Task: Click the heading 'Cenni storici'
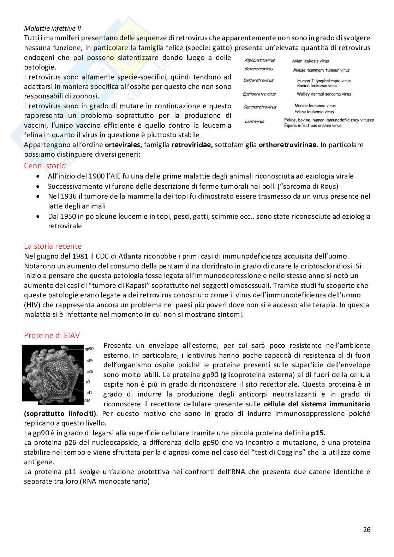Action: [45, 165]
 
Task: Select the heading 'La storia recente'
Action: [53, 246]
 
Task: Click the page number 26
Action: [366, 529]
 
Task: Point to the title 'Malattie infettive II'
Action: [53, 28]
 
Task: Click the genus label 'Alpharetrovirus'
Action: [259, 60]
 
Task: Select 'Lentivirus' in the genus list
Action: [254, 121]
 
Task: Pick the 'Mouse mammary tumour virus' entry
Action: [321, 70]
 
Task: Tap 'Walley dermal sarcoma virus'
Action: [324, 94]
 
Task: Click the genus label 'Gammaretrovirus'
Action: [259, 107]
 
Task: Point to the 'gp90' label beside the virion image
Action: [89, 349]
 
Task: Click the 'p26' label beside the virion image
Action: [89, 371]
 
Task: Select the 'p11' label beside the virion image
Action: [89, 392]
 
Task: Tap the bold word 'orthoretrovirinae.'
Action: [288, 145]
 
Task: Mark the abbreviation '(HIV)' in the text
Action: [33, 305]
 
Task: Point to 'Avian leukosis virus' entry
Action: [310, 61]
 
